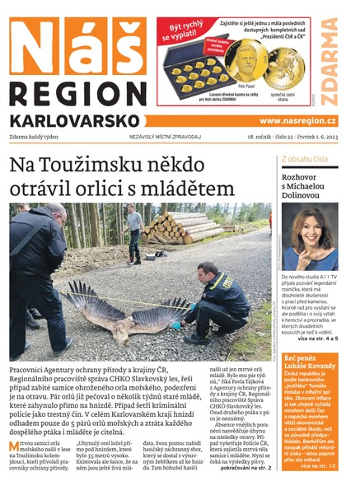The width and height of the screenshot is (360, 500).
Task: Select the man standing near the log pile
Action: [x=134, y=230]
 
